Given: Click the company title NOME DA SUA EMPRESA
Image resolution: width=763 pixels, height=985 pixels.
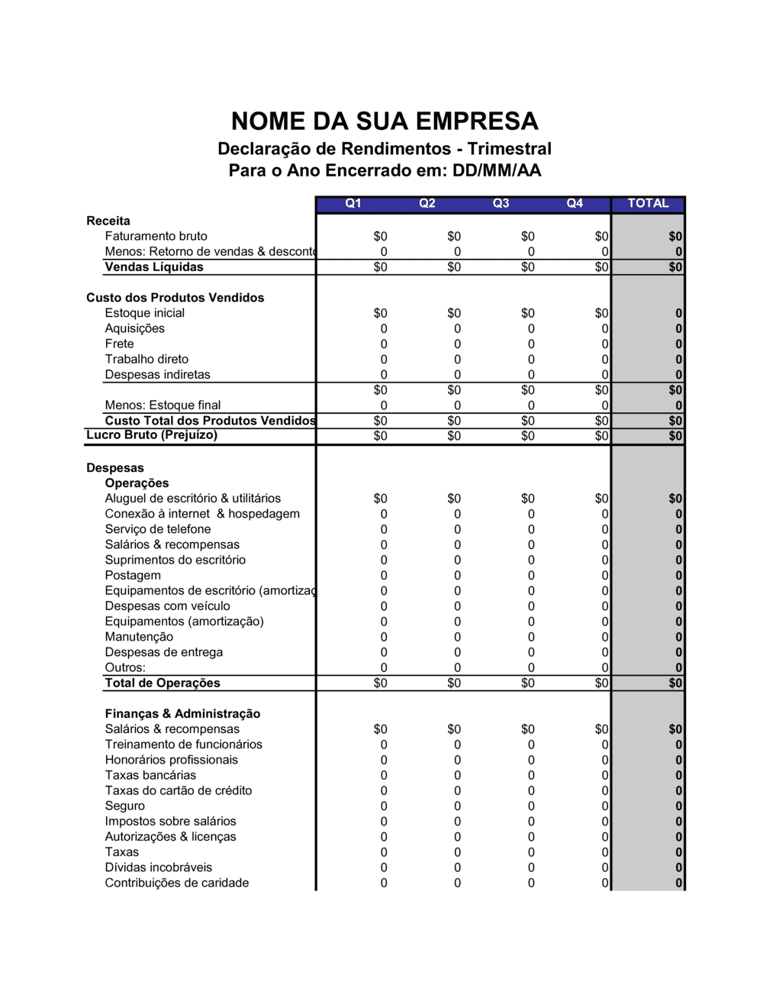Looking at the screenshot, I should [x=385, y=121].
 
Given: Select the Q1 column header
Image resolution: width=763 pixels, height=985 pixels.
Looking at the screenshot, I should [x=353, y=203].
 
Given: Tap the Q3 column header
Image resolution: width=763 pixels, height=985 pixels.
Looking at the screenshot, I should [x=501, y=203].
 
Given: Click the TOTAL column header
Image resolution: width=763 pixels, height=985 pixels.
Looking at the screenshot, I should [x=648, y=203].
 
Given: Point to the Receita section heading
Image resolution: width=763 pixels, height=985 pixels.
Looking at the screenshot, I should [x=108, y=221].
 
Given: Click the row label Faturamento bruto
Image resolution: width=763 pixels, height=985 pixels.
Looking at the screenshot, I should [x=156, y=236].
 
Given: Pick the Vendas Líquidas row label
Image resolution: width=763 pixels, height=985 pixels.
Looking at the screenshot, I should [x=154, y=266].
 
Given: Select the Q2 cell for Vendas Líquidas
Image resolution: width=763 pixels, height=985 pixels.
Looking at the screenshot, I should [x=454, y=267].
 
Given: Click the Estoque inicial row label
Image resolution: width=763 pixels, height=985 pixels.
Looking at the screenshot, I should [x=145, y=313].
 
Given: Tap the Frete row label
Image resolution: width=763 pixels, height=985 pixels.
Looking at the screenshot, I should [x=120, y=344].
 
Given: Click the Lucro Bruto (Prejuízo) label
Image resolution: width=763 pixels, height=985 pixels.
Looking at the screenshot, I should [x=152, y=435].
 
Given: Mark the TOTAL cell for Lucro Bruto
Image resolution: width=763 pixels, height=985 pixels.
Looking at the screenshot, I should [x=675, y=436].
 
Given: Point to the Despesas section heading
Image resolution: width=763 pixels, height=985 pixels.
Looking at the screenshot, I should [x=115, y=468].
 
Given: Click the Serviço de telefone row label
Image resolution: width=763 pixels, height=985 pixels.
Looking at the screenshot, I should [x=158, y=529].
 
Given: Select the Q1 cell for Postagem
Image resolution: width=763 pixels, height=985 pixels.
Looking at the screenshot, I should [x=384, y=576].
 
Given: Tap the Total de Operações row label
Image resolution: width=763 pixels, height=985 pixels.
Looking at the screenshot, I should [x=163, y=683].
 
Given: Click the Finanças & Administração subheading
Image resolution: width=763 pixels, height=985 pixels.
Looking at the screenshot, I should [x=182, y=714].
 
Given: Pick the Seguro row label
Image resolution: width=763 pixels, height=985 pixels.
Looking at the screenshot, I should [x=125, y=806].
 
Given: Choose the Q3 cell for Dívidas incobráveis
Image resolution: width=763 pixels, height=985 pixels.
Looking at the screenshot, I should [x=531, y=867].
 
